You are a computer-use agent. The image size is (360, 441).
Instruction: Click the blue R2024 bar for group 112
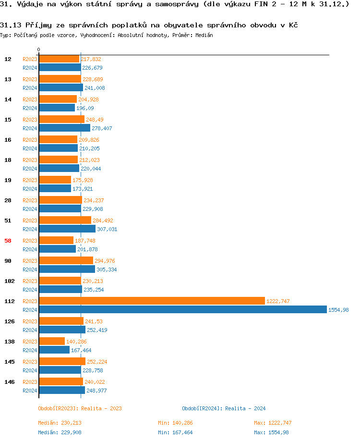[182, 310]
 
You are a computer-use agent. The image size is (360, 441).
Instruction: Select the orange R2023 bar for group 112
[152, 301]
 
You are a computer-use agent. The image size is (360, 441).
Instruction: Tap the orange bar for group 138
[52, 341]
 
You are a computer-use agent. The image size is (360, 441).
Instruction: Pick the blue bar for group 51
[67, 229]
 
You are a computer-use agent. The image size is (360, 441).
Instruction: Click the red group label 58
[8, 241]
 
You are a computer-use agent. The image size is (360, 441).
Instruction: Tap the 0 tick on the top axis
[39, 49]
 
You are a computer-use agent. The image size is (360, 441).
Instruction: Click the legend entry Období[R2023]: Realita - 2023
[80, 408]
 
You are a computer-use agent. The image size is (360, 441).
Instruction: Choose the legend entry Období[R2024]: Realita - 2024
[224, 408]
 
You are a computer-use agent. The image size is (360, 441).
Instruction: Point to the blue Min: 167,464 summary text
[175, 432]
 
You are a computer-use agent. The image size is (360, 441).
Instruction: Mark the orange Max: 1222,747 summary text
[273, 423]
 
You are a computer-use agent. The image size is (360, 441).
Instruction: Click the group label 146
[9, 382]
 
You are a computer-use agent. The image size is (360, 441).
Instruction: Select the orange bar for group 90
[66, 260]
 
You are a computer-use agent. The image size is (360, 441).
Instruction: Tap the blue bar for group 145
[60, 370]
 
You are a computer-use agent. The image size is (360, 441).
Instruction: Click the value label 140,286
[76, 342]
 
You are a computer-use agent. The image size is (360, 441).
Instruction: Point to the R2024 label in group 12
[30, 68]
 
